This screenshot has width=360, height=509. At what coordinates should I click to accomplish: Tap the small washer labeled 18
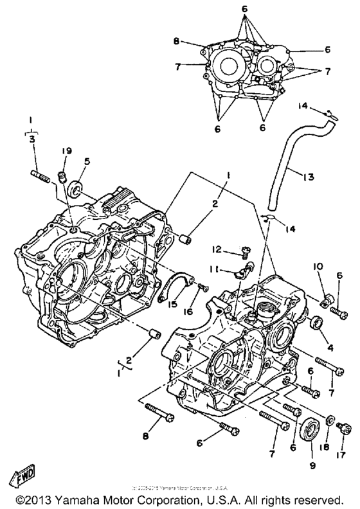(328, 422)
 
